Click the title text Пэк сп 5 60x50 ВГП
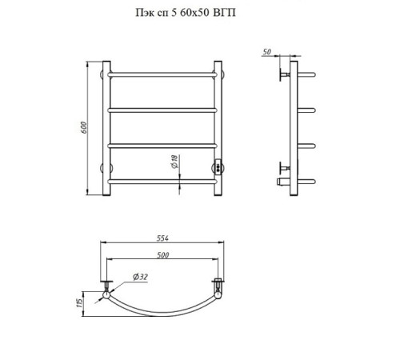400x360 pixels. click(186, 13)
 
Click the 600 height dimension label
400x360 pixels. click(83, 127)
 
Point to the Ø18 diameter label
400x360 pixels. click(174, 162)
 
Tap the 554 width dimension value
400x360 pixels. click(162, 238)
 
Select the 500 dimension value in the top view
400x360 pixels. click(162, 255)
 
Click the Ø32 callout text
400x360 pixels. click(140, 277)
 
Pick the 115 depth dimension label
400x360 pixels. click(79, 303)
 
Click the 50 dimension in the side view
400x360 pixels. click(267, 52)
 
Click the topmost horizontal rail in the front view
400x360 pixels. click(162, 74)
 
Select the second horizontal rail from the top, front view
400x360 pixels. click(162, 110)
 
